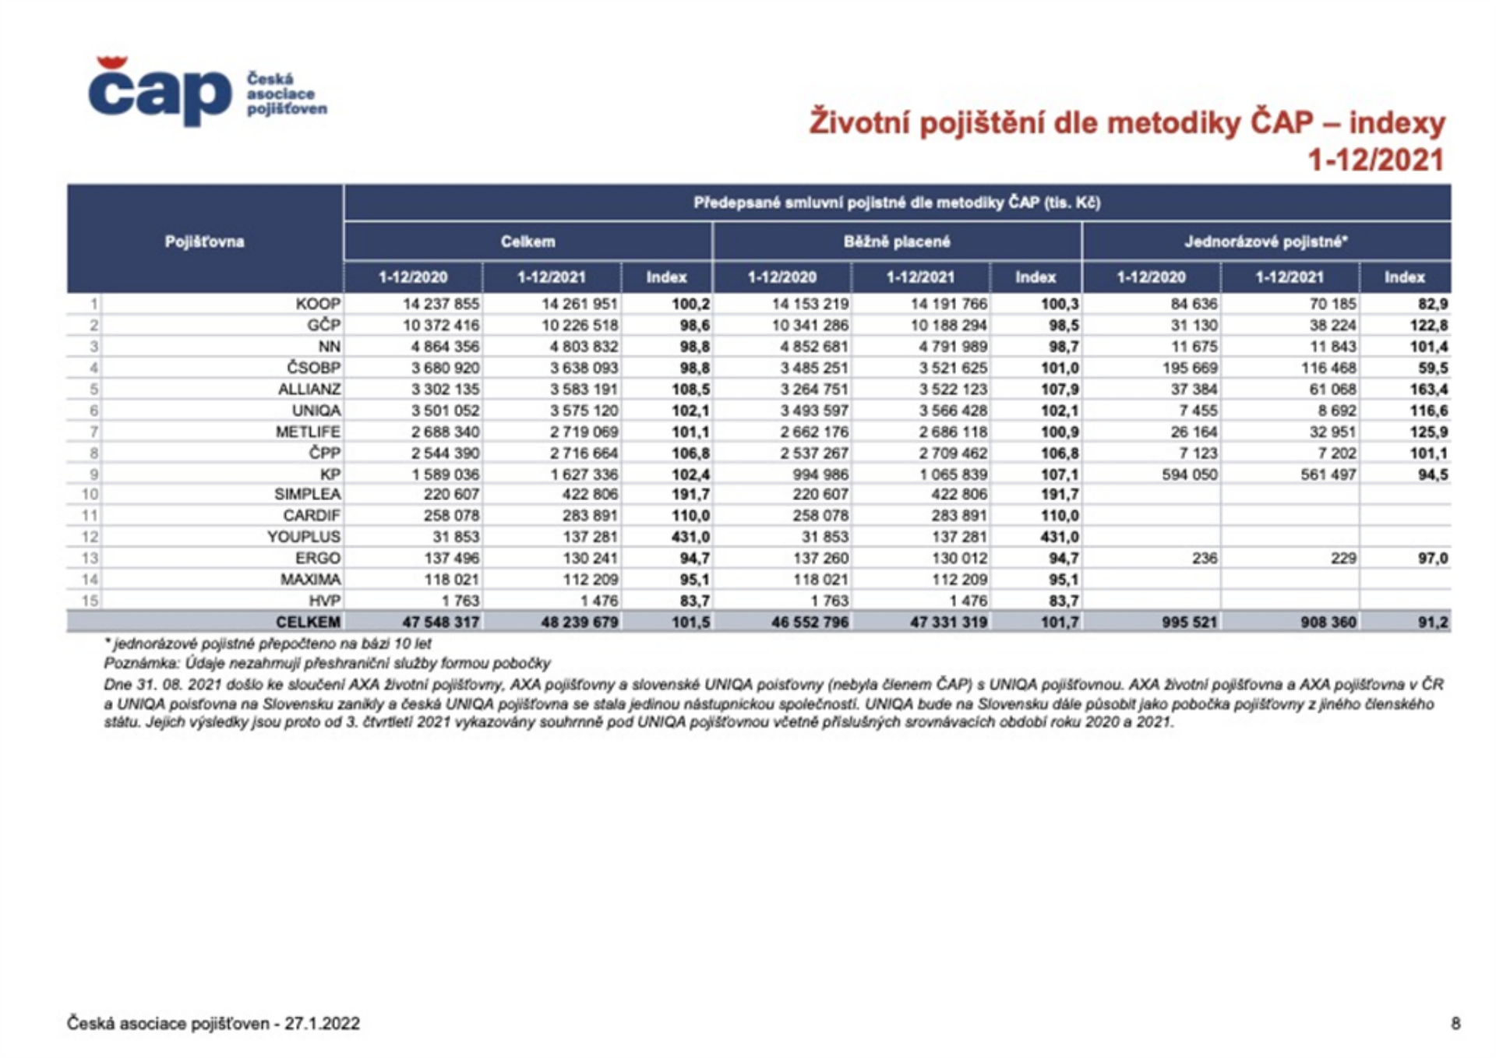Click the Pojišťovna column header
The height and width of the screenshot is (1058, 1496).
coord(204,242)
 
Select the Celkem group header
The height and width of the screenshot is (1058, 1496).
coord(527,242)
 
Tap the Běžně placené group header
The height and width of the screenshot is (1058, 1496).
coord(897,242)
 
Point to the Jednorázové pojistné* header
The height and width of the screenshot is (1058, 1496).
coord(1266,242)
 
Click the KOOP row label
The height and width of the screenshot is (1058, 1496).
coord(318,304)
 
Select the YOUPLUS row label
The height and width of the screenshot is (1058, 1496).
coord(304,537)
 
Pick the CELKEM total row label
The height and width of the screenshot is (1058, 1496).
coord(308,622)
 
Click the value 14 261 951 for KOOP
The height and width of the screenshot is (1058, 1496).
coord(580,304)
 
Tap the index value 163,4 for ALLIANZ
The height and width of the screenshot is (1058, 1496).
coord(1428,389)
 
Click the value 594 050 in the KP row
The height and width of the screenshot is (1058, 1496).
coord(1189,474)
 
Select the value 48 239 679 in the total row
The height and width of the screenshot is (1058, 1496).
coord(580,622)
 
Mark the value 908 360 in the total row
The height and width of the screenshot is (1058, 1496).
coord(1328,622)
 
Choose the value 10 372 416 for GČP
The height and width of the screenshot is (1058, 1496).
coord(441,325)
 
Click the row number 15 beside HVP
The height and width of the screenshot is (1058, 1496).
coord(90,601)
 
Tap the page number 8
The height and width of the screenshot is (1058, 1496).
coord(1455,1023)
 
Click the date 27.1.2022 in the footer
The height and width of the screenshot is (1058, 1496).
coord(322,1023)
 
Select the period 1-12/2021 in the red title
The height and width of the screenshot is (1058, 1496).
coord(1375,160)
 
